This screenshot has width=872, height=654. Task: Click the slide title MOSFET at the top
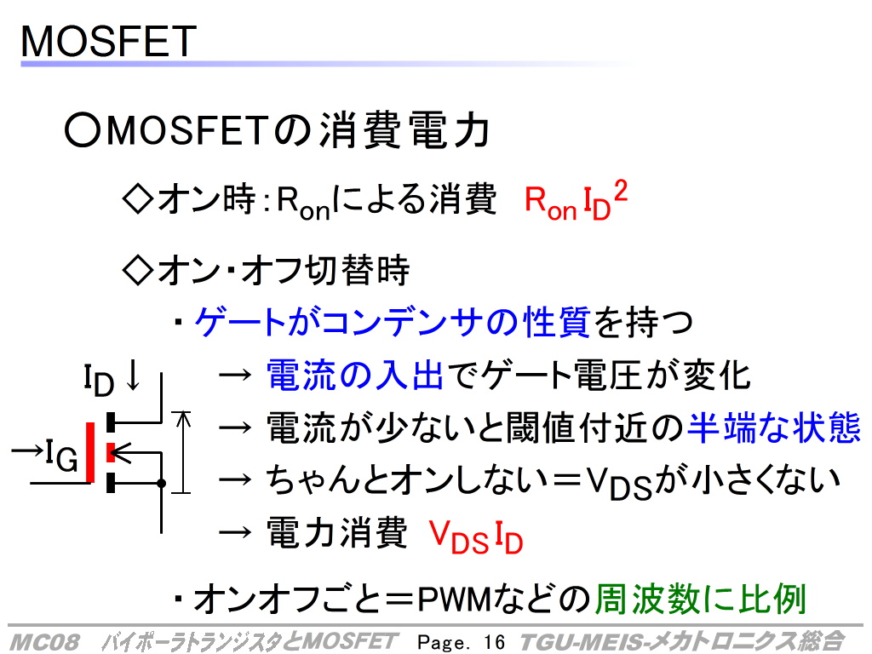[x=108, y=41]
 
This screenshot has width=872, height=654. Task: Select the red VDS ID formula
[x=476, y=537]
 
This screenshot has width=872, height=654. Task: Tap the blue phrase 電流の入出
[x=355, y=376]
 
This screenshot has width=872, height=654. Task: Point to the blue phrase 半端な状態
[x=774, y=427]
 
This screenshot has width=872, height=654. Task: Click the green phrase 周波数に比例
[x=701, y=599]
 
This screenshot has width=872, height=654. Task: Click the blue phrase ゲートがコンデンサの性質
[x=393, y=321]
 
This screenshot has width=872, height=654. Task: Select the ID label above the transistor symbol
[x=99, y=380]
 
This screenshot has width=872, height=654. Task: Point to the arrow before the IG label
[x=27, y=450]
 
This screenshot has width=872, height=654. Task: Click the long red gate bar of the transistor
[x=90, y=452]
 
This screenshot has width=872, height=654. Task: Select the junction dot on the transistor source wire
[x=161, y=484]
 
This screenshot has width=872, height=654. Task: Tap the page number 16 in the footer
[x=494, y=642]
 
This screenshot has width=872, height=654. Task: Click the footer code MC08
[x=44, y=642]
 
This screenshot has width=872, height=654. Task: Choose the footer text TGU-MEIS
[x=583, y=642]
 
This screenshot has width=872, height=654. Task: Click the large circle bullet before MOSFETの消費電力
[x=82, y=130]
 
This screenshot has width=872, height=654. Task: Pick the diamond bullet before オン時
[x=137, y=198]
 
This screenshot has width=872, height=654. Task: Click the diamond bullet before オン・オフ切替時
[x=137, y=270]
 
